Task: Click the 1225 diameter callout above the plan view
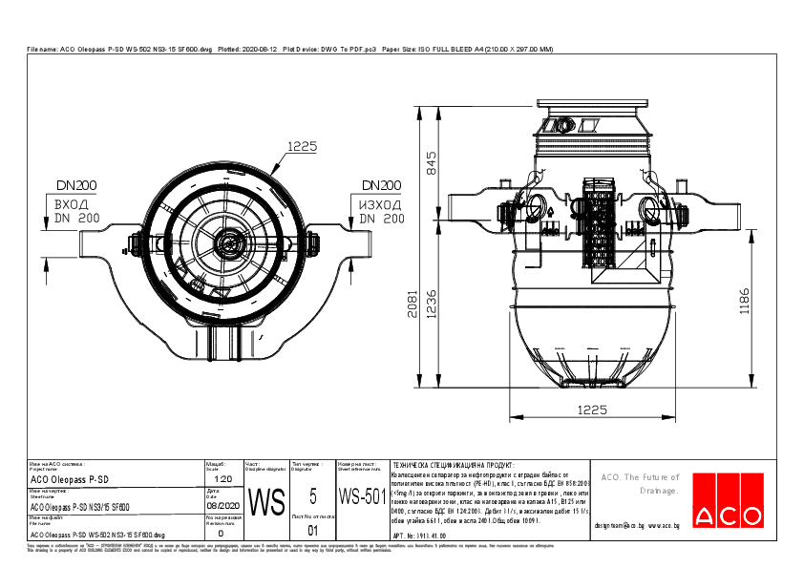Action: [302, 146]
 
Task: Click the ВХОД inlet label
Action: [72, 205]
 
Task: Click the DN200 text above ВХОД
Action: [75, 185]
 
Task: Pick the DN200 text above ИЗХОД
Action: [381, 185]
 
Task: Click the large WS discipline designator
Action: [266, 501]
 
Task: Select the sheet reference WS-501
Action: [362, 497]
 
